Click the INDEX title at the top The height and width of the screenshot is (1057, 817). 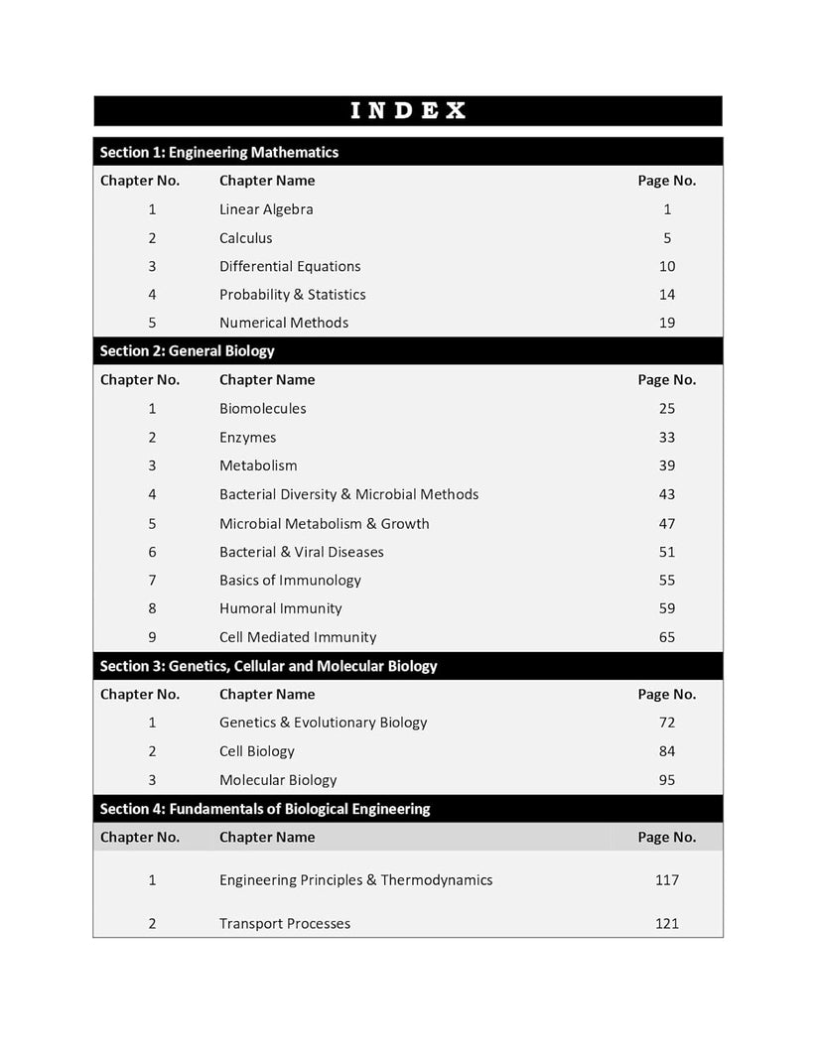coord(408,110)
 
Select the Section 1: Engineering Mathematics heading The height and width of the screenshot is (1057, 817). coord(219,152)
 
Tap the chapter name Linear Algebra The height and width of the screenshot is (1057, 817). coord(266,209)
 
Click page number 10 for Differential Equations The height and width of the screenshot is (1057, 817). coord(667,266)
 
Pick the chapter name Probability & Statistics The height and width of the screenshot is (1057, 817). coord(292,295)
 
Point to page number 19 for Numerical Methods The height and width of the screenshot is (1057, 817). coord(667,323)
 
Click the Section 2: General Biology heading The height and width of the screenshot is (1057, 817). coord(188,350)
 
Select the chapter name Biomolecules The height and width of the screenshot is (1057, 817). coord(263,409)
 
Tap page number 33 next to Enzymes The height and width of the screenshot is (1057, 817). coord(667,438)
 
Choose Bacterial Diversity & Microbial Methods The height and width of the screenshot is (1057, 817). coord(348,494)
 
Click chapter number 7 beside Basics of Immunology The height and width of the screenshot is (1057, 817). coord(152,581)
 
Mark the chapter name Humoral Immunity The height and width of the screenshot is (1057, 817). coord(280,608)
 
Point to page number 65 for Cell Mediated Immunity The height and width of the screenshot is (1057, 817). coord(667,637)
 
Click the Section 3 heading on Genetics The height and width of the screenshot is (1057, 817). coord(269,666)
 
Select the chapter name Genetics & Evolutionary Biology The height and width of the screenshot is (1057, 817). coord(323,723)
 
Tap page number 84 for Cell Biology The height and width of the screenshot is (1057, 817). coord(667,751)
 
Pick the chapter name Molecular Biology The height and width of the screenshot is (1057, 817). coord(278,780)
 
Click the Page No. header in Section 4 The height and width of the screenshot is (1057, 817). coord(666,837)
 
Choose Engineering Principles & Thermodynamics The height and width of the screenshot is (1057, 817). coord(355,880)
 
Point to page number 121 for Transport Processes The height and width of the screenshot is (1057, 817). coord(667,924)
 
